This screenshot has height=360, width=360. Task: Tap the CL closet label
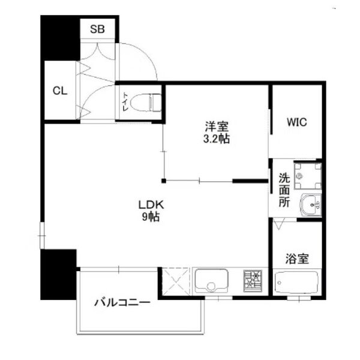point(59,91)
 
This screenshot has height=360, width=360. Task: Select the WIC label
point(296,122)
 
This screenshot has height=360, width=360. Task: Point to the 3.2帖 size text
point(217,139)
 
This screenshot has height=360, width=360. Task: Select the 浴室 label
point(296,259)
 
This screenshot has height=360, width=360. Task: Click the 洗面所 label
point(284,190)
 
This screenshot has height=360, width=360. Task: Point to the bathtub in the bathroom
point(296,283)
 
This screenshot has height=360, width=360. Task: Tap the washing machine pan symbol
point(308,175)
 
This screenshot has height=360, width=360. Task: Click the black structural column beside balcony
point(58,275)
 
